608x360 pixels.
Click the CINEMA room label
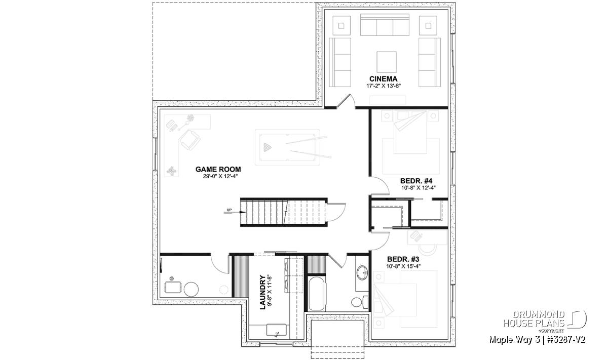coord(383,79)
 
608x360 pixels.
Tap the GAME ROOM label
coord(218,169)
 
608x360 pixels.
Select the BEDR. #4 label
coord(416,181)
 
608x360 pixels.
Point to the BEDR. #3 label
coord(403,259)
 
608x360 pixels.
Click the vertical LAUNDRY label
coord(262,292)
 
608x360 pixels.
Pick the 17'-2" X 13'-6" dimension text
coord(383,86)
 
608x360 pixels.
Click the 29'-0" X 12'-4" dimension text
coord(218,176)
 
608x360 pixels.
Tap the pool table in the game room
coord(288,147)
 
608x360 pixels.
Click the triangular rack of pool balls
coord(268,147)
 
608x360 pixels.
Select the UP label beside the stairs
coord(230,210)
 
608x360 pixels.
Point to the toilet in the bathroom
coord(360,302)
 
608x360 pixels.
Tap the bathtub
coord(317,294)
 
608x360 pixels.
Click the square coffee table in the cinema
coord(387,62)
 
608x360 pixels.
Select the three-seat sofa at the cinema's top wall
coord(385,25)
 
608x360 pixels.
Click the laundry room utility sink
coord(276,330)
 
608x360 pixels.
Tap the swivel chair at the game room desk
coord(189,140)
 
